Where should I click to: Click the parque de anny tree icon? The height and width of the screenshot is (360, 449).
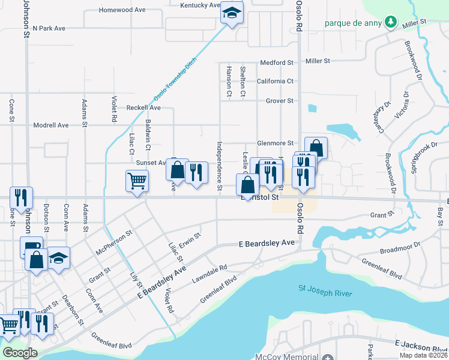tap(391, 22)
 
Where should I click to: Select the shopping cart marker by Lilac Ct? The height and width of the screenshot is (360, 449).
tap(137, 181)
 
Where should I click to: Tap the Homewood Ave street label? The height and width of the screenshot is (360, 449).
tap(122, 10)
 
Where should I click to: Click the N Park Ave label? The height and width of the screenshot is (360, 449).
tap(57, 28)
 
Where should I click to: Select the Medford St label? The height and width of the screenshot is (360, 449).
tap(276, 62)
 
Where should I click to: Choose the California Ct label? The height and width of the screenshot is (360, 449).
tap(275, 81)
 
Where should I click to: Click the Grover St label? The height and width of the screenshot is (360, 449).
tap(279, 101)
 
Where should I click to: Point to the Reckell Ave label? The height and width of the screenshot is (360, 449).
tap(143, 107)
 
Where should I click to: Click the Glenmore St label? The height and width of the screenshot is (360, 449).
tap(275, 143)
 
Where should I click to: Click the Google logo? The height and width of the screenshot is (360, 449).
tap(20, 352)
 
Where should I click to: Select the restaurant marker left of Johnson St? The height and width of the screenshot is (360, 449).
tap(21, 197)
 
